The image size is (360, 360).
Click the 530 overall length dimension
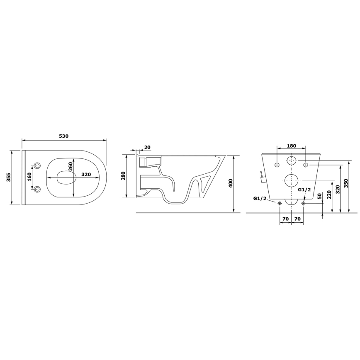[63, 136]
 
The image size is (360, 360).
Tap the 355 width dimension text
[8, 178]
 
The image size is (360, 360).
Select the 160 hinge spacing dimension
[29, 177]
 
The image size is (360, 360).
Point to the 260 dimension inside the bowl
[71, 167]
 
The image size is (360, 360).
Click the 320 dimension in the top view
[86, 175]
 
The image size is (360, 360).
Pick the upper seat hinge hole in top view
[38, 165]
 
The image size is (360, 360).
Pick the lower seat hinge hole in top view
[38, 189]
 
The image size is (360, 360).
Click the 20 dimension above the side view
[148, 147]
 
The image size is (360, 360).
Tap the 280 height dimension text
[123, 176]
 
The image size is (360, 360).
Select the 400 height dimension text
[231, 183]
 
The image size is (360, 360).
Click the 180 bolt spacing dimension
[292, 146]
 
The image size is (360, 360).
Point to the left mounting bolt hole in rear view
[277, 165]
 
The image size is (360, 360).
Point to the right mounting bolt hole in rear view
[306, 165]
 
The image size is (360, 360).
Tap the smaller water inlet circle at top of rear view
[292, 160]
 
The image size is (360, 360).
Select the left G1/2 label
[260, 198]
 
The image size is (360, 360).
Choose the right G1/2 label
[304, 189]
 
